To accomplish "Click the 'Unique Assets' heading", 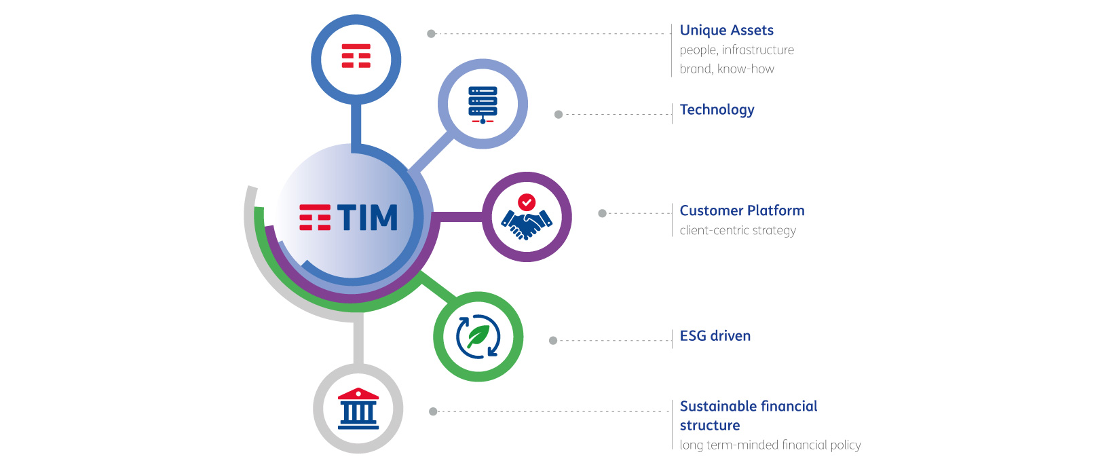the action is click(x=726, y=31).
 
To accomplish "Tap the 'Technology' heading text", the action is click(x=717, y=110).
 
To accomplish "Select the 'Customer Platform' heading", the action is click(x=742, y=210).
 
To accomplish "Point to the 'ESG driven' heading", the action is click(x=715, y=336).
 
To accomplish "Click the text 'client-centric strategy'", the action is click(x=738, y=231).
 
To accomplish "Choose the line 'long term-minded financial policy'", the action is click(x=770, y=445).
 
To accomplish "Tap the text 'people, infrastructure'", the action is click(x=737, y=50).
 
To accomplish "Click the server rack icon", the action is click(x=483, y=105).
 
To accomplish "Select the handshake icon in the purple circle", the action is click(x=527, y=224).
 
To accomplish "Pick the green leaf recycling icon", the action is click(x=478, y=336).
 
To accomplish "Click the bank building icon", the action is click(x=358, y=409).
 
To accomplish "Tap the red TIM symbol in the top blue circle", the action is click(x=356, y=56).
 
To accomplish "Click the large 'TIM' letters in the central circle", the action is click(x=368, y=218).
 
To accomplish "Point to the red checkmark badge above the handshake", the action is click(x=527, y=202).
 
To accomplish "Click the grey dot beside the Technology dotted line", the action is click(x=559, y=114).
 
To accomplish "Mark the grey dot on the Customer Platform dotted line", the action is click(x=602, y=213).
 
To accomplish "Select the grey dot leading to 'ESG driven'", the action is click(x=553, y=340).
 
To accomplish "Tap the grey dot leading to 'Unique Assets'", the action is click(x=432, y=34).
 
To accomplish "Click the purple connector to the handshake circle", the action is click(x=458, y=217).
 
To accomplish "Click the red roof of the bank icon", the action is click(x=358, y=394).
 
